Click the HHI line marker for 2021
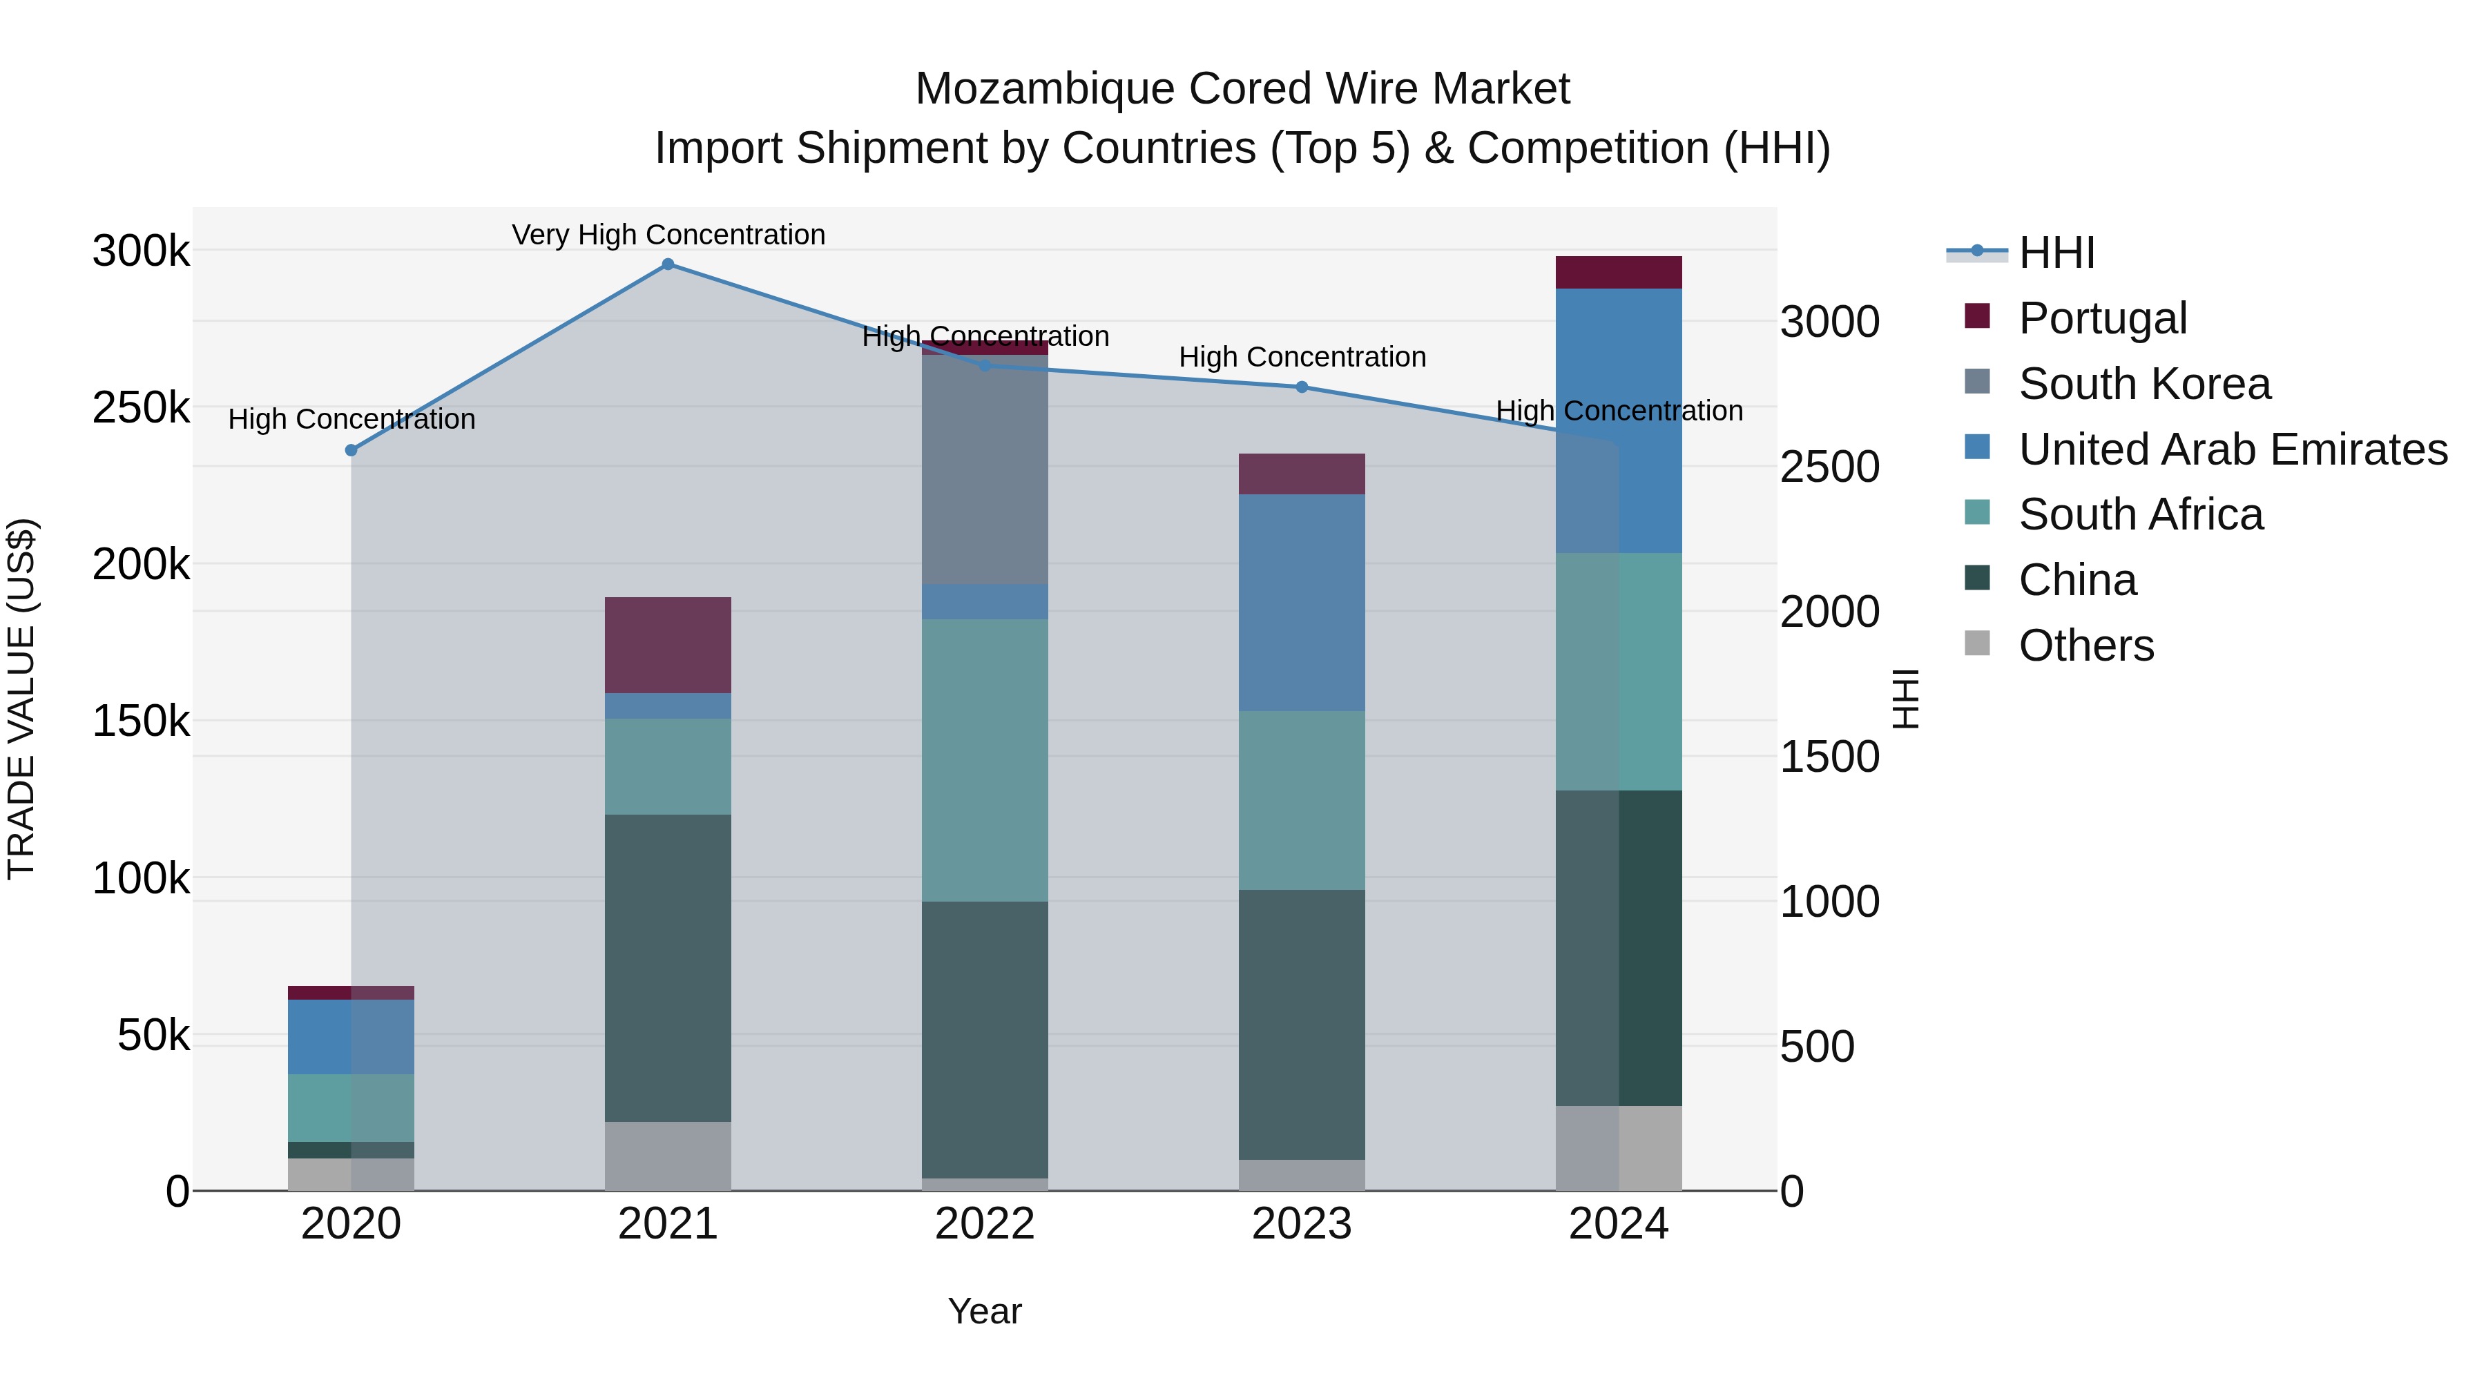(x=668, y=264)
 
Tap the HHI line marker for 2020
(x=351, y=451)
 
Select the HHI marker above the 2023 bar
(x=1301, y=387)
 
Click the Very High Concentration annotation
(x=668, y=235)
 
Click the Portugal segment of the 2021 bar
(x=668, y=645)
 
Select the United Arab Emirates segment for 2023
(x=1301, y=603)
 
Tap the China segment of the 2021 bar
(x=668, y=968)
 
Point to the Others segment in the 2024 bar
(x=1619, y=1148)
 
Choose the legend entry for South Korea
(x=2143, y=384)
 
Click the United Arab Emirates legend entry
(x=2232, y=449)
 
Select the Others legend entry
(x=2085, y=645)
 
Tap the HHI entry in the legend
(x=2056, y=253)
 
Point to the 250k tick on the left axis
(x=141, y=408)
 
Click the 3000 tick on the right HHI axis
(x=1829, y=322)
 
